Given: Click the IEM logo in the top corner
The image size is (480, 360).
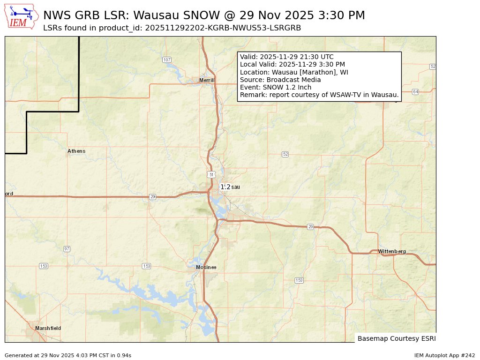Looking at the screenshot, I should point(22,17).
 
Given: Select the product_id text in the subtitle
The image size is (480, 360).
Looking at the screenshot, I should point(223,28).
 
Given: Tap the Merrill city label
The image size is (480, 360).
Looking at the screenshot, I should point(207,80).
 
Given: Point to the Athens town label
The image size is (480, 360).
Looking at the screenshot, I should point(76,151).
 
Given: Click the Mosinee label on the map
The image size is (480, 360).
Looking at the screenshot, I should point(206,267).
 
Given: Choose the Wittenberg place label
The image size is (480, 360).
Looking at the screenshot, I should point(392,252).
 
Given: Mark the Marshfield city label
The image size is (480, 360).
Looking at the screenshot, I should point(48,328).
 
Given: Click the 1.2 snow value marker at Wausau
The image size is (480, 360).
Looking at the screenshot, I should point(225,187).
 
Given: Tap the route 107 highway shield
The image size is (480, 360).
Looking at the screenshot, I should point(167,60).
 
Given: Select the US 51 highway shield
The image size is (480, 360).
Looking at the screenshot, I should point(211,174).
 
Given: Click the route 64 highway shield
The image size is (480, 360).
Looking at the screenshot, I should point(415,91).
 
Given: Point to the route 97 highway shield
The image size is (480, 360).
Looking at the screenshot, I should point(67,249).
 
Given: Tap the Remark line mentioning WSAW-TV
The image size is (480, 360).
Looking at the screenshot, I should point(319,95).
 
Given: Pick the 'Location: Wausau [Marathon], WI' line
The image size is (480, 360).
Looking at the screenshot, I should point(294,72).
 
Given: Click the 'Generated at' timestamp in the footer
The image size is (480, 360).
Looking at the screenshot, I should point(68,355).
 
